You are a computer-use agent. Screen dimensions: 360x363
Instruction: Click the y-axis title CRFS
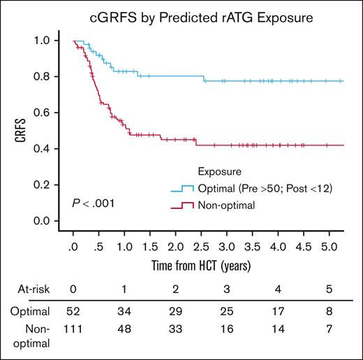21,134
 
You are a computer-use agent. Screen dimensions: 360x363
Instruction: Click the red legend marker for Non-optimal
184,205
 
